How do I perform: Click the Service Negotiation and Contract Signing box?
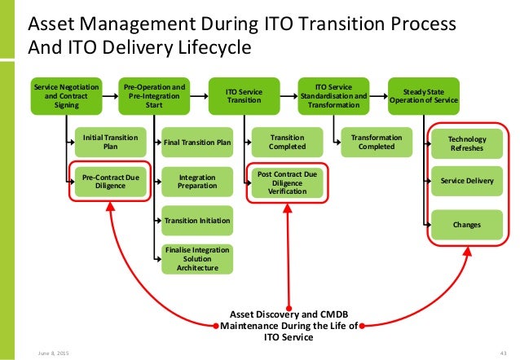pos(63,94)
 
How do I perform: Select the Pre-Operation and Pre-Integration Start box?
pos(152,94)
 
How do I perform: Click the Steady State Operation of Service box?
pos(424,94)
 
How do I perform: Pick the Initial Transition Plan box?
pos(110,143)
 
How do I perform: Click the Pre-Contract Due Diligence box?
pos(110,180)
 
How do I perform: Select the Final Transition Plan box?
pos(197,143)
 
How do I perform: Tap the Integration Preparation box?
pos(197,182)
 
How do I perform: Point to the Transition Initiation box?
pos(197,221)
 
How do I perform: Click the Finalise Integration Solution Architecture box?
pos(197,258)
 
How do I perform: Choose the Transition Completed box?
pos(288,143)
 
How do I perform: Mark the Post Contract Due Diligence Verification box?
pos(288,183)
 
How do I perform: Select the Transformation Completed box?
pos(377,143)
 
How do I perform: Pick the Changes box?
pos(467,224)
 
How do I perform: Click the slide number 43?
pos(502,350)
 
